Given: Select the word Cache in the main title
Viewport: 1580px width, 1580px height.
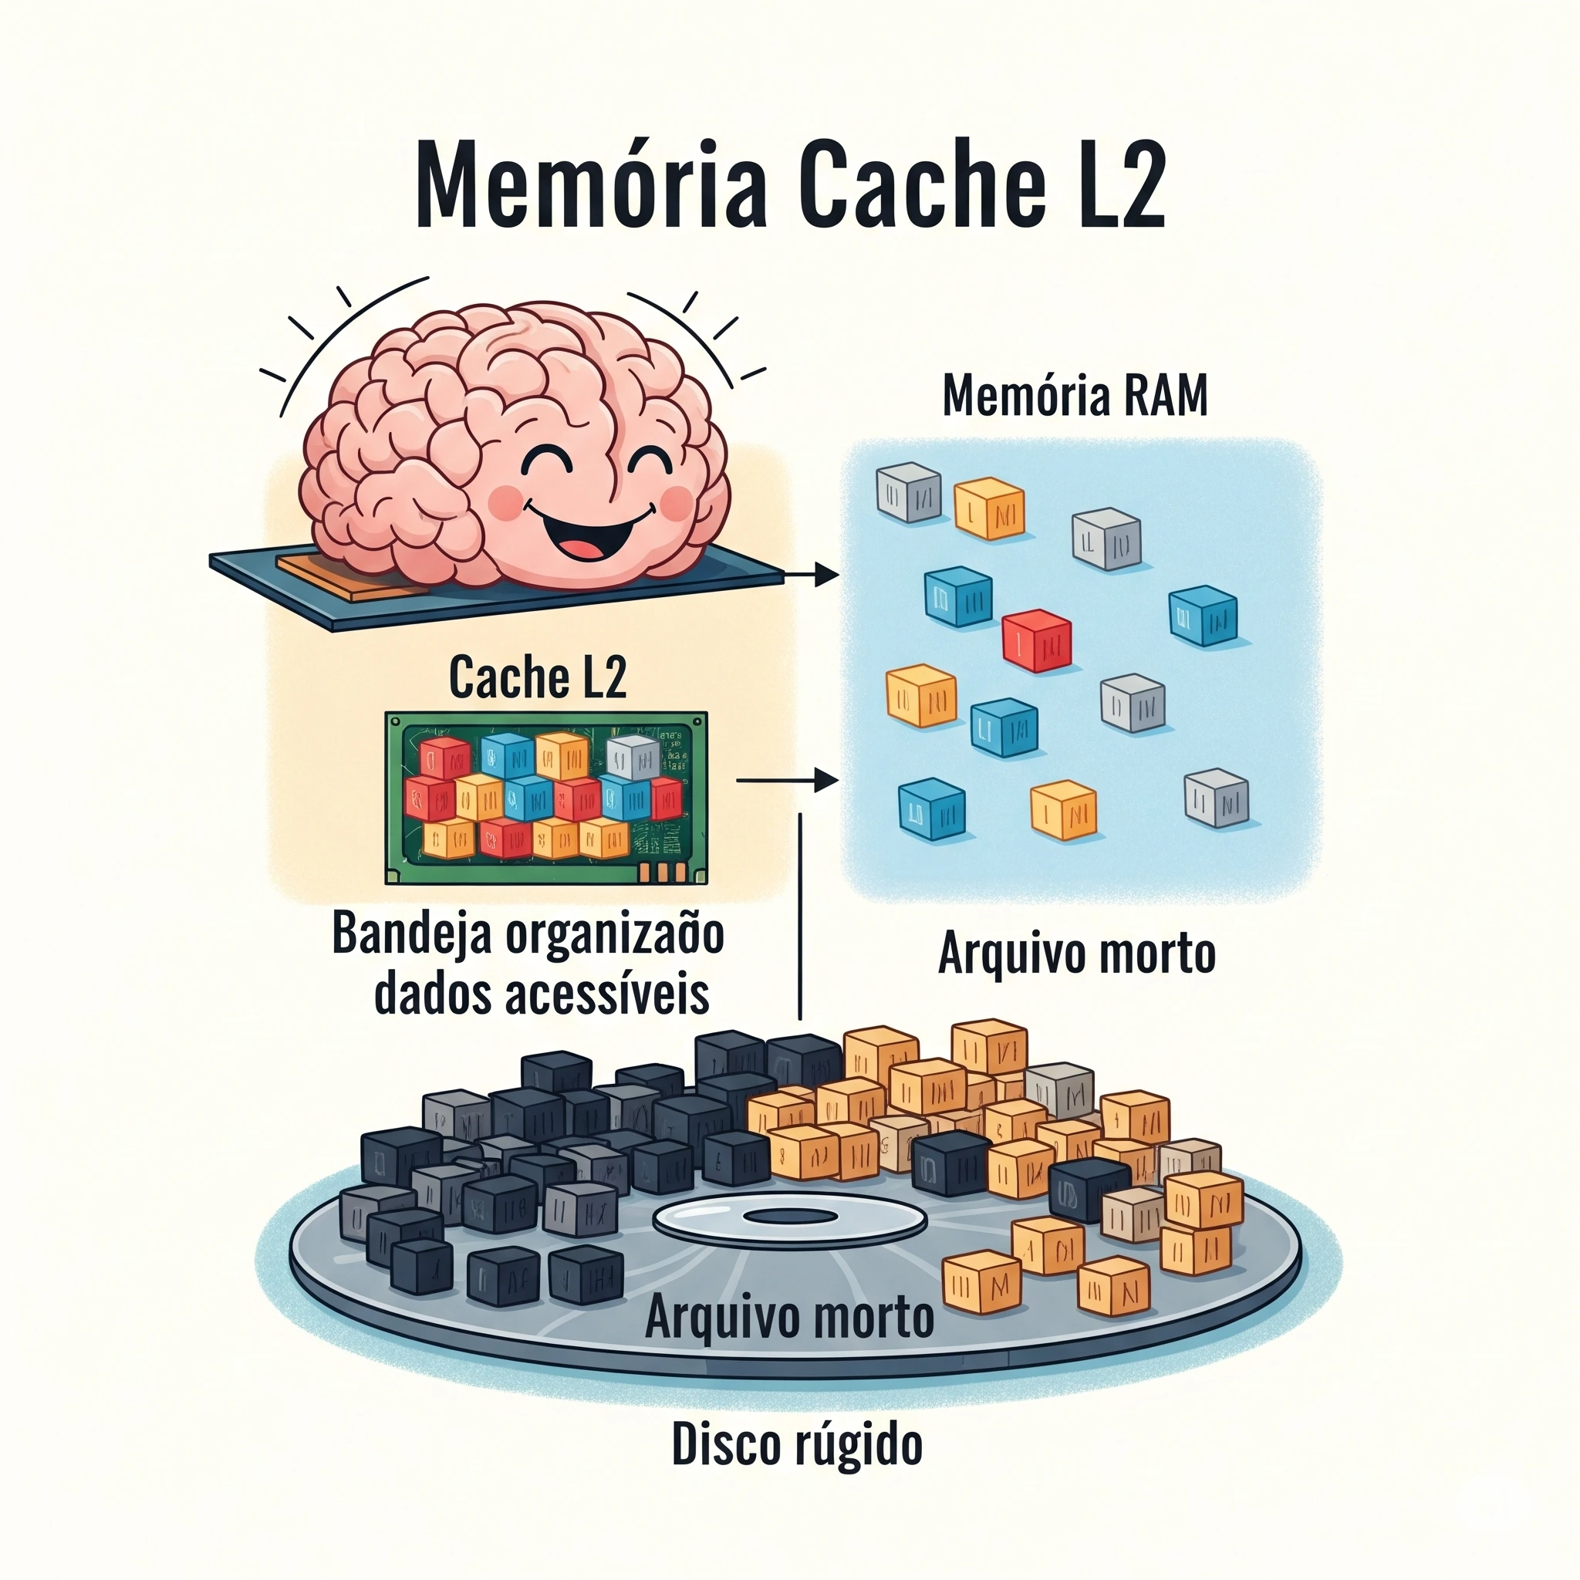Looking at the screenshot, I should [924, 185].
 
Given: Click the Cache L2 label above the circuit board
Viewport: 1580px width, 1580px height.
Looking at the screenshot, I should [537, 678].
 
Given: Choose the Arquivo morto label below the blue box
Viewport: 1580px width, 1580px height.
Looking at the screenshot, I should [1076, 954].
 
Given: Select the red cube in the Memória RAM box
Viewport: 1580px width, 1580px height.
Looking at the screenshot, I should [1036, 641].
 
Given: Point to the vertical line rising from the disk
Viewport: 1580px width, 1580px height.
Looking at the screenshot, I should [800, 916].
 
